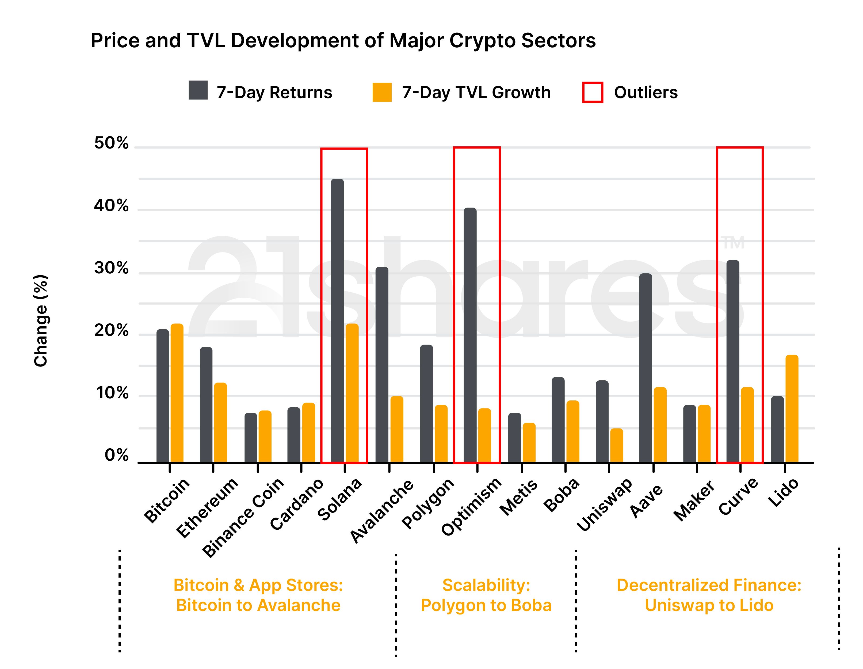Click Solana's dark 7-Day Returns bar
pyautogui.click(x=337, y=320)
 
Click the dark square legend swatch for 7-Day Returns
pyautogui.click(x=198, y=90)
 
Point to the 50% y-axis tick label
pyautogui.click(x=112, y=143)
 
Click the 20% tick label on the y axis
pyautogui.click(x=112, y=331)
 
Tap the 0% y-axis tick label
pyautogui.click(x=117, y=456)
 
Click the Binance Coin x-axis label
pyautogui.click(x=243, y=518)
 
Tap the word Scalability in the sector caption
pyautogui.click(x=486, y=585)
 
